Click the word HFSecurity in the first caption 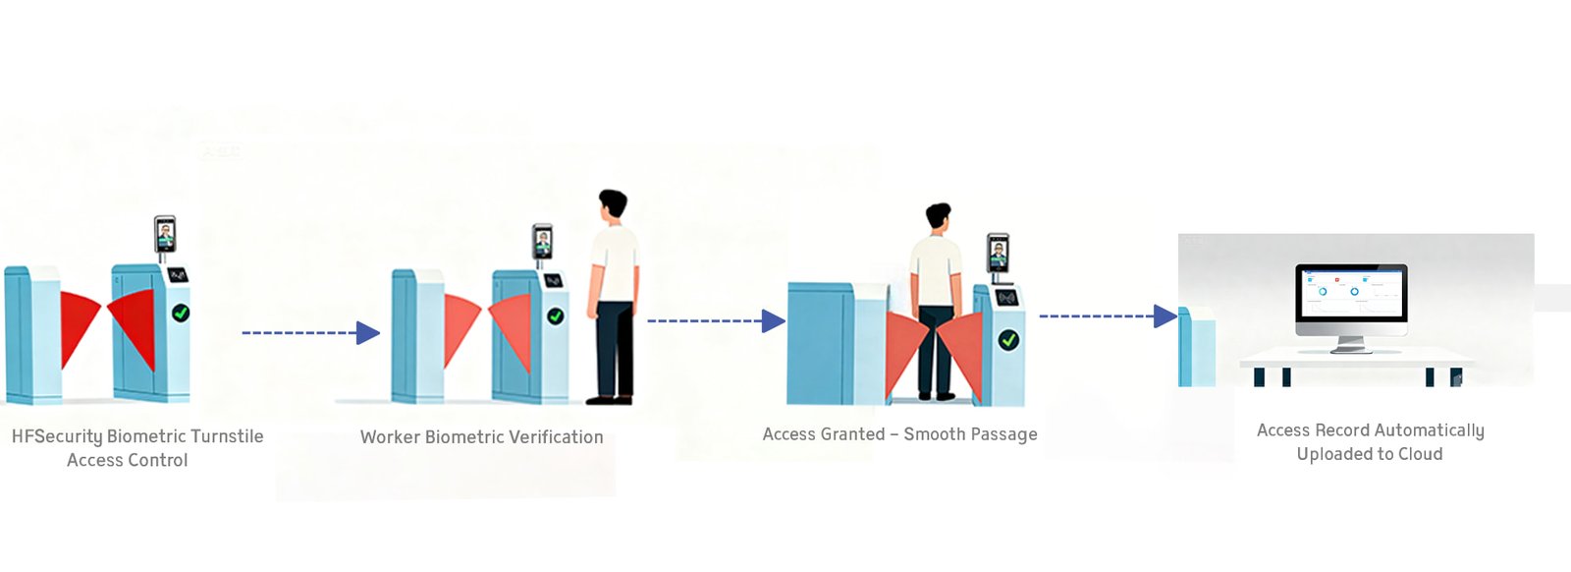[57, 436]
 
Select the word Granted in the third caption [849, 434]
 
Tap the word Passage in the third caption [1004, 434]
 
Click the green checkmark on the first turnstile [181, 313]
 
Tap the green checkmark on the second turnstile [556, 316]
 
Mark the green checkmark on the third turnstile [1008, 340]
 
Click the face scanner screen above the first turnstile [165, 234]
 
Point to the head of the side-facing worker [613, 206]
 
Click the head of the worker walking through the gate [939, 218]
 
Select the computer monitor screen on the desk [1350, 292]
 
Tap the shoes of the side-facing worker [610, 399]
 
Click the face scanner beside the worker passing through [998, 254]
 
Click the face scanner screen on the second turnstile [542, 241]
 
